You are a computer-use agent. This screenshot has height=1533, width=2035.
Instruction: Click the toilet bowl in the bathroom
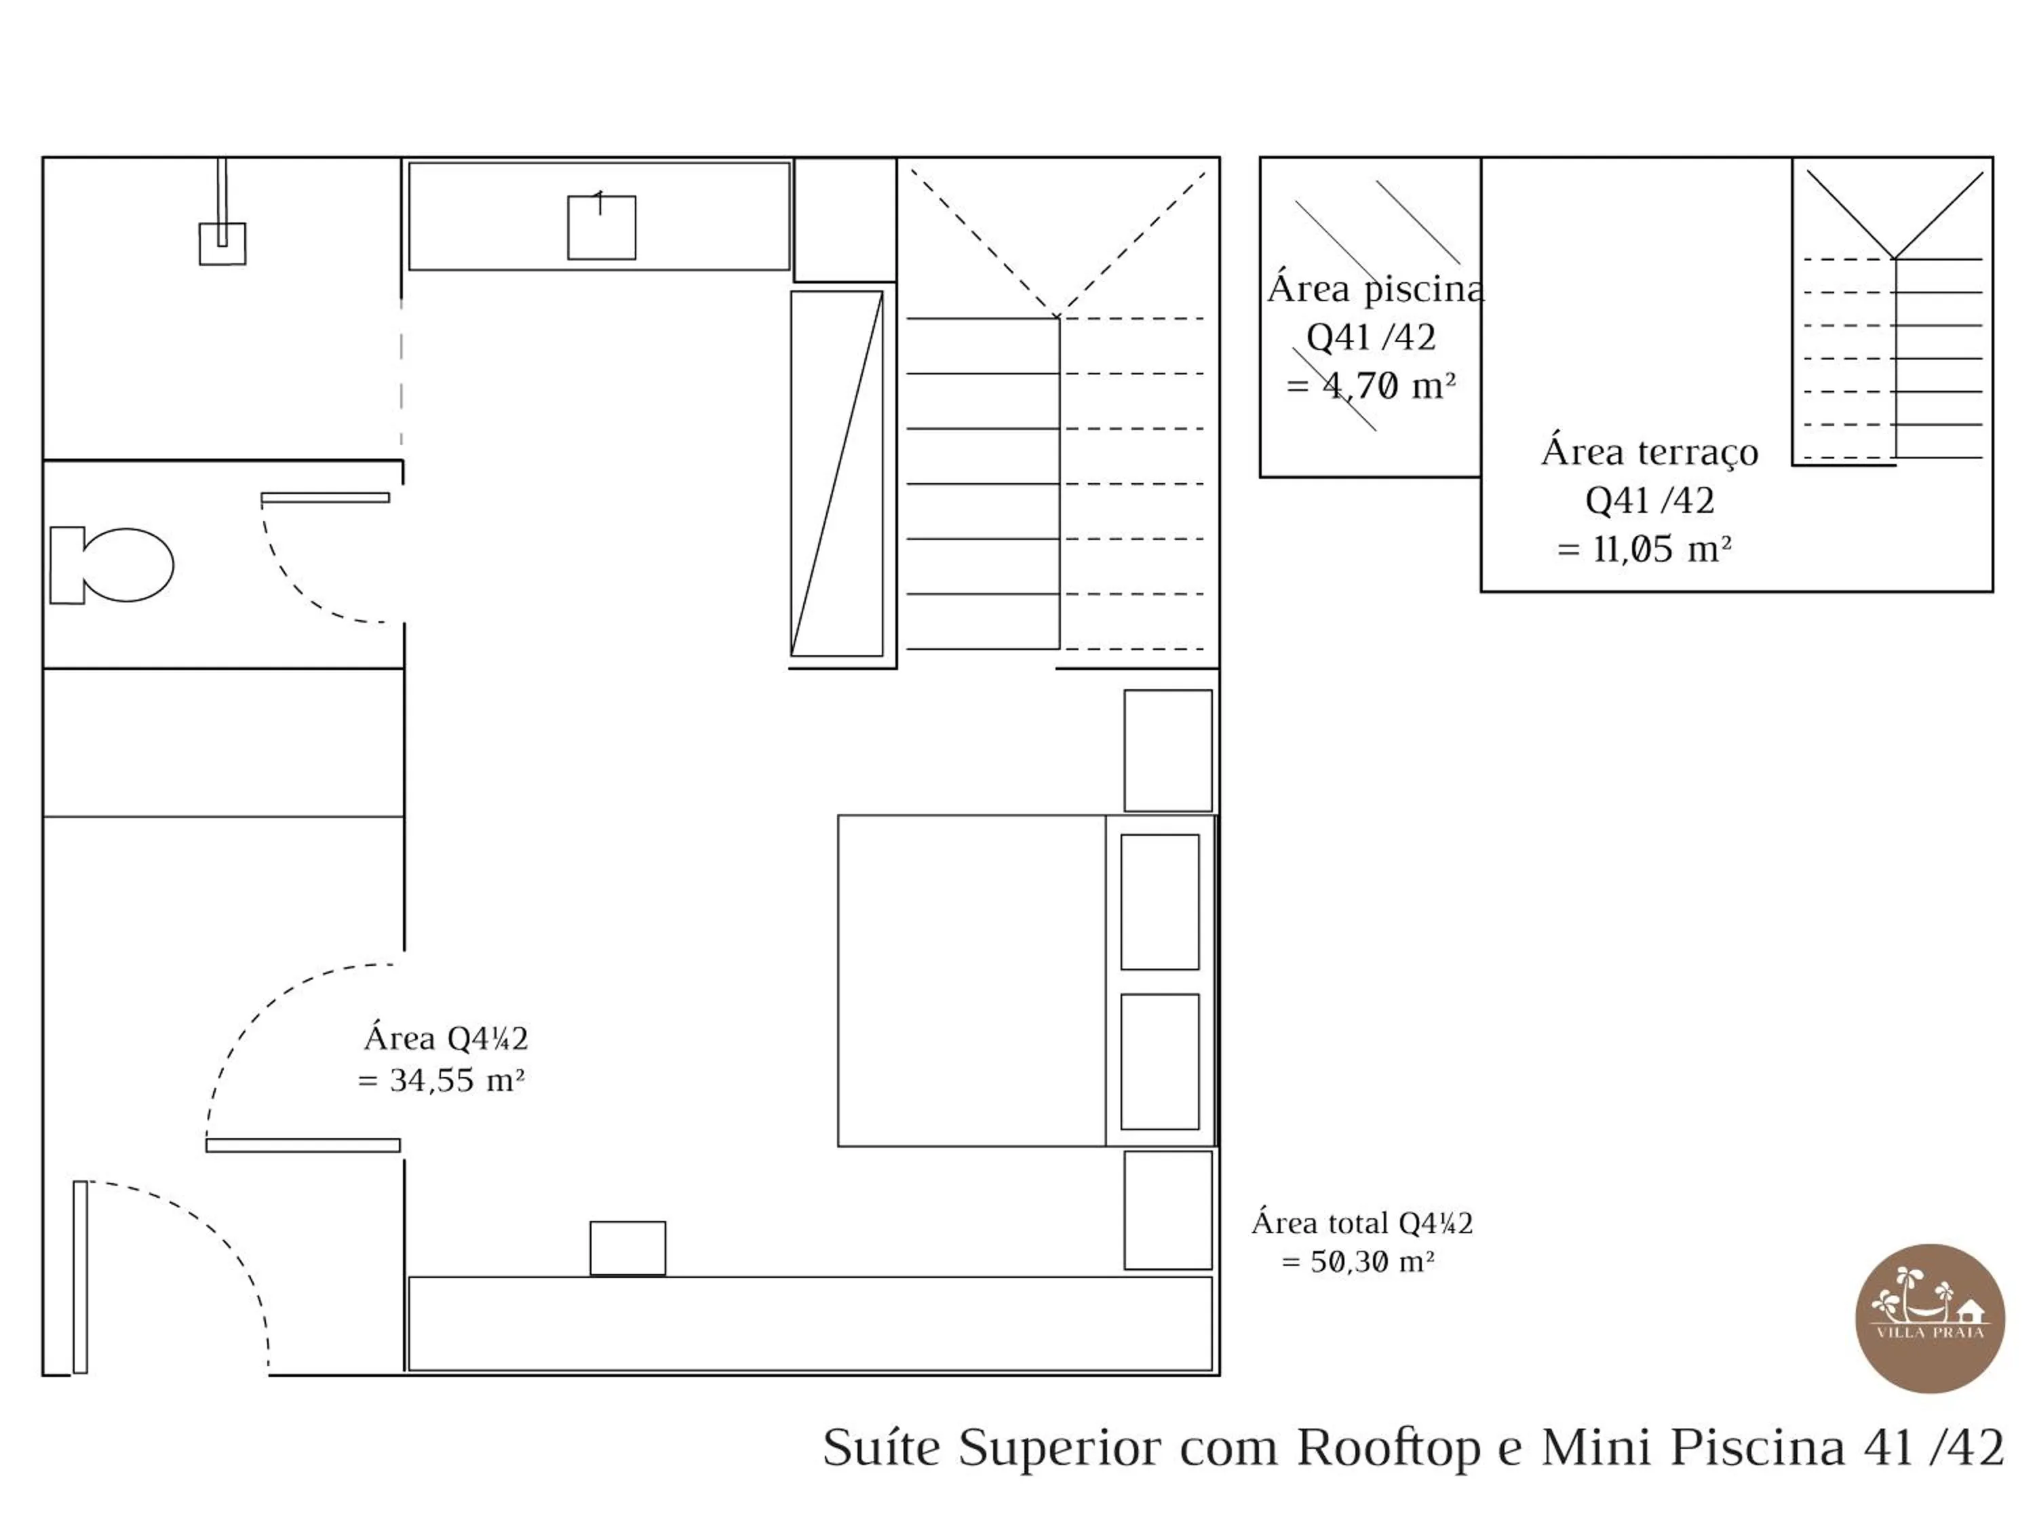click(x=127, y=565)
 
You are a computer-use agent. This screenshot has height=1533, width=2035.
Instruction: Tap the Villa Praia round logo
click(x=1929, y=1319)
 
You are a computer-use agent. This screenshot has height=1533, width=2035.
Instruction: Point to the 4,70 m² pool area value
click(x=1389, y=385)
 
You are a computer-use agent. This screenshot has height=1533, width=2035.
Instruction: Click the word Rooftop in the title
click(x=1389, y=1448)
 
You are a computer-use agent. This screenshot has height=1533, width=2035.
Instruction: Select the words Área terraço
click(x=1650, y=452)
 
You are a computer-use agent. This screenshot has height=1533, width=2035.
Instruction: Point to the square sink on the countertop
click(x=601, y=227)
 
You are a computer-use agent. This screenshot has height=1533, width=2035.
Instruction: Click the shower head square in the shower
click(x=222, y=244)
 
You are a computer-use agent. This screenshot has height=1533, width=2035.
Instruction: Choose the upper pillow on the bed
click(x=1159, y=901)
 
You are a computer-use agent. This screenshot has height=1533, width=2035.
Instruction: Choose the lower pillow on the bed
click(x=1159, y=1061)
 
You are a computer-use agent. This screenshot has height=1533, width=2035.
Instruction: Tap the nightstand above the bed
click(x=1167, y=751)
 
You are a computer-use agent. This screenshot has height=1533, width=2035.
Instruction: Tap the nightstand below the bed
click(x=1167, y=1210)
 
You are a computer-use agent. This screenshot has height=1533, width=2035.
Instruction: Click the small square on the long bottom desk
click(x=627, y=1247)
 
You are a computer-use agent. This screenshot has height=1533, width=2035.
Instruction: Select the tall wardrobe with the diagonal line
click(x=836, y=474)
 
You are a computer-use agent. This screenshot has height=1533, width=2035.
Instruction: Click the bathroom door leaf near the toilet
click(x=325, y=498)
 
